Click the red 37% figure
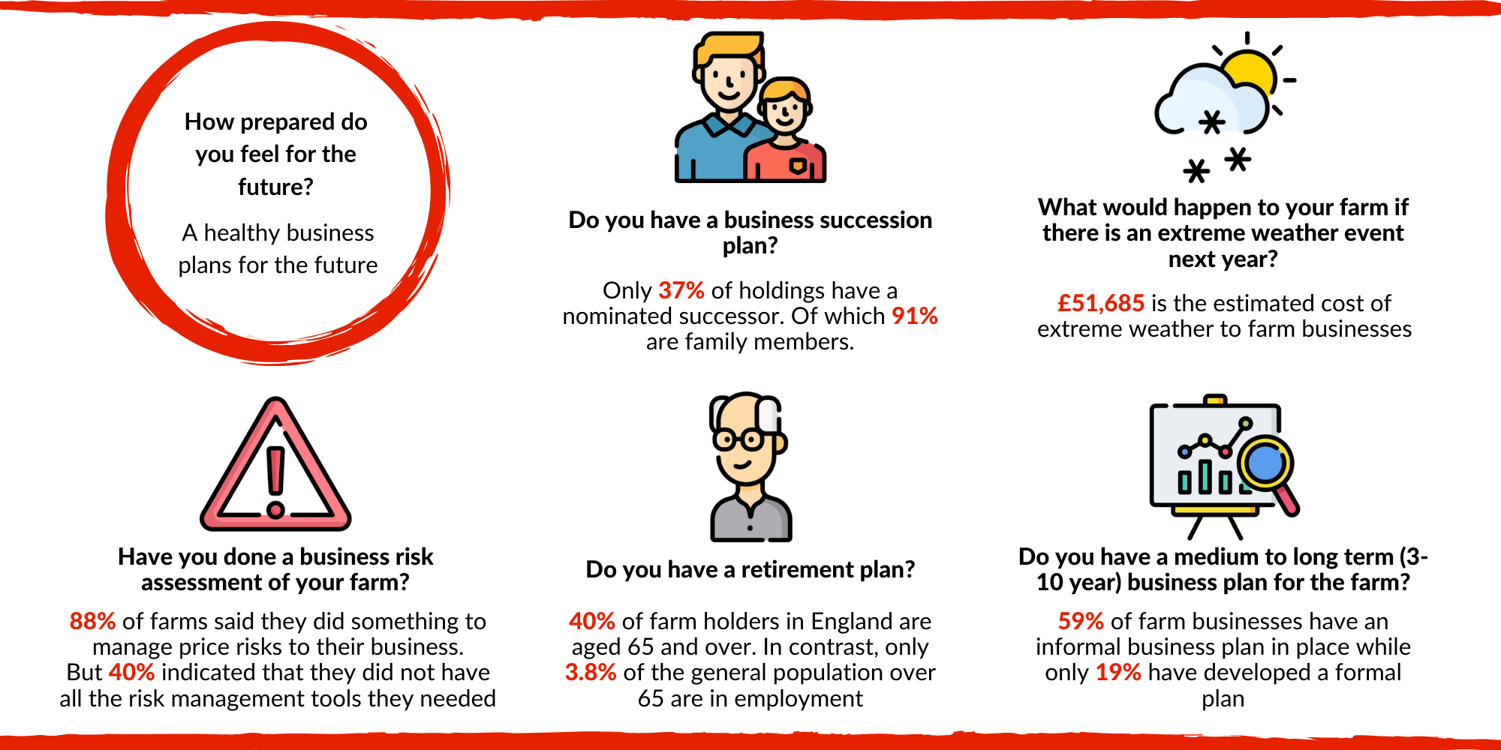tap(681, 290)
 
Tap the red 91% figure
tap(915, 316)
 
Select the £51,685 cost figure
tap(1101, 303)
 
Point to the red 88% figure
tap(92, 621)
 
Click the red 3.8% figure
tap(591, 672)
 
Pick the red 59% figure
tap(1081, 621)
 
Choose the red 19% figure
tap(1118, 672)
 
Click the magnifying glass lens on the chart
tap(1266, 463)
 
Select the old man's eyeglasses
tap(738, 439)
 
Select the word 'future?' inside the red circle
tap(276, 187)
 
